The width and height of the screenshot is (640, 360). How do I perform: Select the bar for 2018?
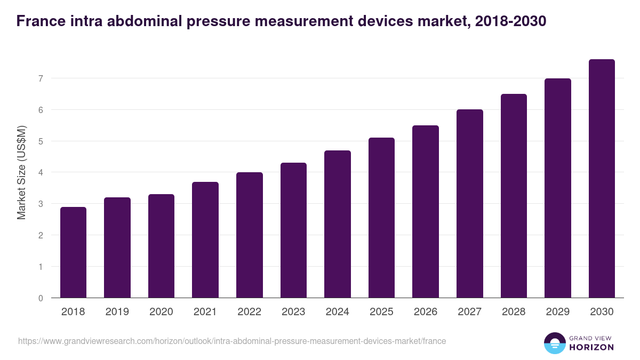point(73,252)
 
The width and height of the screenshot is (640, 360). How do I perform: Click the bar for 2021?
point(205,240)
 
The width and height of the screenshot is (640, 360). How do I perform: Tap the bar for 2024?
point(338,224)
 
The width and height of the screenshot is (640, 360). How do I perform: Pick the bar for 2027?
point(470,204)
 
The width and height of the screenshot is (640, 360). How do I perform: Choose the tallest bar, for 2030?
point(602,179)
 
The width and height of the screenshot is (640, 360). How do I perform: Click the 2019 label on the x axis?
point(117,312)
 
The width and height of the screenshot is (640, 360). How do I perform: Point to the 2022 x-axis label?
point(249,312)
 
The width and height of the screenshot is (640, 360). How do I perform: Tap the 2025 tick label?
point(381,312)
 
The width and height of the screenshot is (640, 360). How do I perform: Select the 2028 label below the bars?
point(514,312)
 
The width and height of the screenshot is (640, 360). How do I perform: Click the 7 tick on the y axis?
point(40,78)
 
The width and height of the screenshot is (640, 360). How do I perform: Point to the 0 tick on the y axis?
point(40,298)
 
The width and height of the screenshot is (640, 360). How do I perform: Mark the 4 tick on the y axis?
point(40,173)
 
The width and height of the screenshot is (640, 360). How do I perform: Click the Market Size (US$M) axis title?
point(21,172)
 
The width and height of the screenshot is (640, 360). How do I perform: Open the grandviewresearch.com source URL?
point(232,341)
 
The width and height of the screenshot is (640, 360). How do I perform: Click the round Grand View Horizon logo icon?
point(555,343)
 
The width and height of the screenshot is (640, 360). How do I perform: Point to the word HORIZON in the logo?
point(591,347)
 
